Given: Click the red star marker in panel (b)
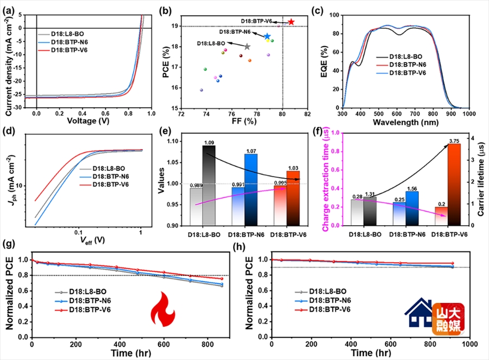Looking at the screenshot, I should click(291, 22).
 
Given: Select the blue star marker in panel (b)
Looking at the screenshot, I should click(267, 36).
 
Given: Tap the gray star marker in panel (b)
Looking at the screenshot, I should click(247, 47).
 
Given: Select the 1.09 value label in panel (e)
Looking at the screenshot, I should click(208, 142).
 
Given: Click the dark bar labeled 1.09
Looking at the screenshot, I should click(209, 185).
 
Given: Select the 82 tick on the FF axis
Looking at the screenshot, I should click(307, 113).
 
